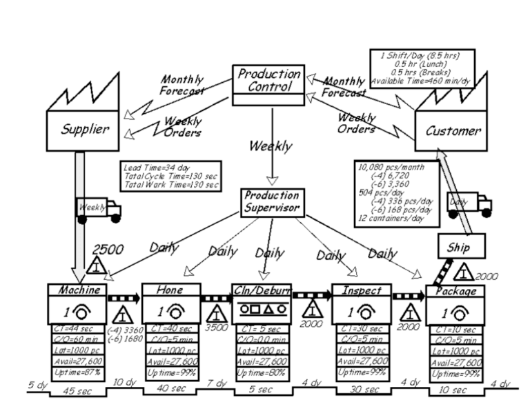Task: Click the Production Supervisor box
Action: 272,201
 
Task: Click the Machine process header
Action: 77,290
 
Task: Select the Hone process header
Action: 170,290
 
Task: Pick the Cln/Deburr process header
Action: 262,290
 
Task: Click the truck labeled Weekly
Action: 99,209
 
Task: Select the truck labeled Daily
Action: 470,203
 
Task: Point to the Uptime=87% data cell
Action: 77,372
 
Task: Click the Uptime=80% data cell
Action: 262,372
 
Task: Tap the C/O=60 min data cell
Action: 77,339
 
